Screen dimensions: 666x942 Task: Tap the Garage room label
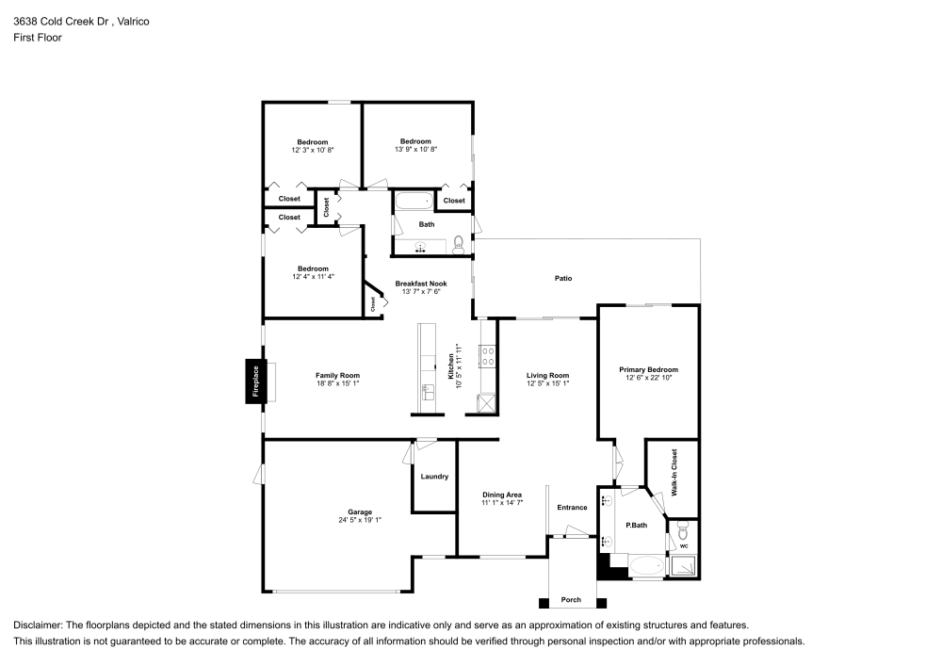pos(360,512)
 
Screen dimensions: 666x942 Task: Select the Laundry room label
pos(434,477)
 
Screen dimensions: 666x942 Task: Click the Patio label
pos(563,278)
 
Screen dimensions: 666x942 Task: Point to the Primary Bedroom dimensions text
pos(648,378)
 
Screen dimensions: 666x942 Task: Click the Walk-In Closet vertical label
pos(674,473)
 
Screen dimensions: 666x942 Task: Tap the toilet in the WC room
pos(683,530)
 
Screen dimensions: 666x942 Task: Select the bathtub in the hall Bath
pos(413,201)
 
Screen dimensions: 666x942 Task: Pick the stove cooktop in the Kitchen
pos(488,356)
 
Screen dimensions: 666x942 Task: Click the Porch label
pos(571,600)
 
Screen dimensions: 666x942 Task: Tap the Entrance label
pos(572,508)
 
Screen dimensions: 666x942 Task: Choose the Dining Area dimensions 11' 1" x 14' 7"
pos(502,503)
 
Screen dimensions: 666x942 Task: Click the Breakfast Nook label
pos(421,284)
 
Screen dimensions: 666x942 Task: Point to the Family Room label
pos(337,375)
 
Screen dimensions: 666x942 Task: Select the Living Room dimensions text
pos(547,383)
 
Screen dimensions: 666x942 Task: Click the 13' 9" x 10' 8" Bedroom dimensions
pos(415,149)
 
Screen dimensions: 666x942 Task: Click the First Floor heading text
pos(38,38)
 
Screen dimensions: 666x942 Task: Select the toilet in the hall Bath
pos(459,244)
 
